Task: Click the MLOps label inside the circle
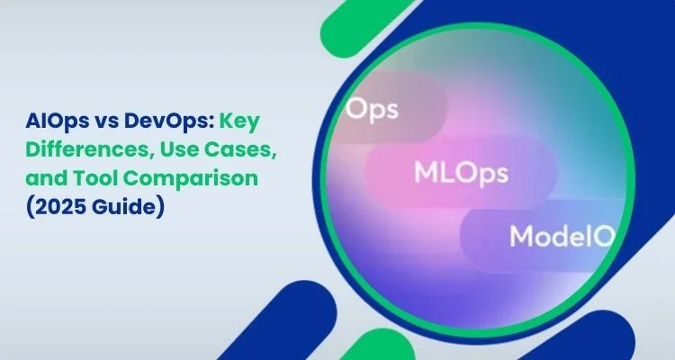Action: [461, 173]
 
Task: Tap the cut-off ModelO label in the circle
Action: [562, 237]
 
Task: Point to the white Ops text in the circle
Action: [372, 109]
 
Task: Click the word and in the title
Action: [46, 177]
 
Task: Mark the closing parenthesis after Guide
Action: [160, 207]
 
